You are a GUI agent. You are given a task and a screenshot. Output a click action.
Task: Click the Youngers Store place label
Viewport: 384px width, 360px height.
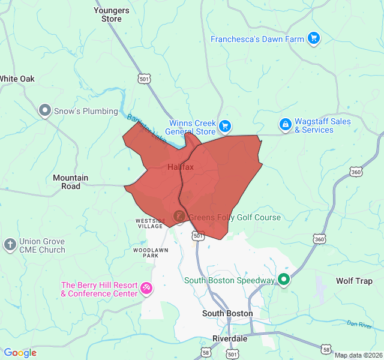[111, 14]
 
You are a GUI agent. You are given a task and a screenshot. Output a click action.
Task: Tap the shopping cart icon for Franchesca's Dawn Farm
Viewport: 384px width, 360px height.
[313, 39]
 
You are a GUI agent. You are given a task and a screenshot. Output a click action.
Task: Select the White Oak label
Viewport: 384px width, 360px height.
[17, 79]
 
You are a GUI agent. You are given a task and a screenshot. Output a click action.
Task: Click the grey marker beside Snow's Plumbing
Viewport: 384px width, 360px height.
[44, 110]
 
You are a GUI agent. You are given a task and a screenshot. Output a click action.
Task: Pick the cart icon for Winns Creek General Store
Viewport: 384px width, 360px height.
[224, 125]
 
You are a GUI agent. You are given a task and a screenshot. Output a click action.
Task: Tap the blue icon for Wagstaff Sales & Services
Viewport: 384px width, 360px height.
[286, 125]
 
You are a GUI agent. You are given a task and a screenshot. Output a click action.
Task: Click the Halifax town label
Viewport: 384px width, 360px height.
[181, 167]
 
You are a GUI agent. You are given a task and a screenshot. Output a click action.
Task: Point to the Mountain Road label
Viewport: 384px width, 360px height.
[70, 182]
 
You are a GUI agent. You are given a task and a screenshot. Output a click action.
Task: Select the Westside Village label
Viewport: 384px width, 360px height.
[149, 223]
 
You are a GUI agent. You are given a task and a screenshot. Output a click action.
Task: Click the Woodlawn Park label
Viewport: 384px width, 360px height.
[145, 252]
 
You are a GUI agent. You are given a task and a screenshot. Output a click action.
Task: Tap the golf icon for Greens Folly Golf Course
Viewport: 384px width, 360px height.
[179, 215]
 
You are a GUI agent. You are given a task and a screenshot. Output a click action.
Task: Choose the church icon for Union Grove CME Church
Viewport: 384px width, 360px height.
[10, 245]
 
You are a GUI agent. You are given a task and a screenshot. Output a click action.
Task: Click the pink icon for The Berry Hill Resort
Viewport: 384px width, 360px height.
[146, 289]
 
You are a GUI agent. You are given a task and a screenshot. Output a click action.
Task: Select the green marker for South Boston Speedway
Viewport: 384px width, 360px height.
[284, 280]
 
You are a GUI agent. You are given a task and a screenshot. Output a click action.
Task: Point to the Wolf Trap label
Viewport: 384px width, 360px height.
[354, 281]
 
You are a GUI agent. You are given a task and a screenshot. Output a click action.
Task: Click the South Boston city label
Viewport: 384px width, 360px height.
[227, 313]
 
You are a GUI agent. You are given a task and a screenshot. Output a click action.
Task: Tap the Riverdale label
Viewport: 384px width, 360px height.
[230, 338]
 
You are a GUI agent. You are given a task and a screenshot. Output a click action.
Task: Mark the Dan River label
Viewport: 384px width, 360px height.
[360, 325]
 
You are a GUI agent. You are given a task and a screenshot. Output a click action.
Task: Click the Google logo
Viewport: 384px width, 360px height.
[20, 353]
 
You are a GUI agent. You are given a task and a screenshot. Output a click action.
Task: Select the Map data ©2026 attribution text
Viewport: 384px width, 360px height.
[357, 355]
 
